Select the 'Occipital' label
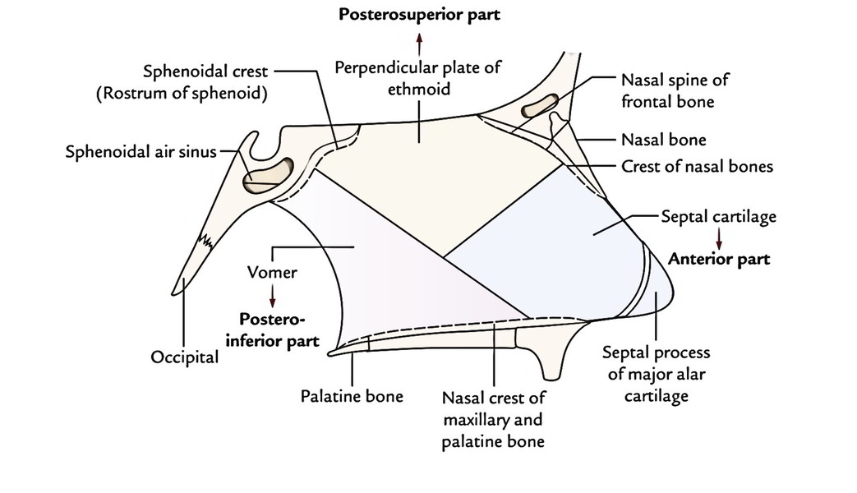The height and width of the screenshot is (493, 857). click(x=185, y=357)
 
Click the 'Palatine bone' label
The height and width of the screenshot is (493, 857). click(x=352, y=396)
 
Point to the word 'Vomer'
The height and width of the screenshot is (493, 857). click(x=271, y=270)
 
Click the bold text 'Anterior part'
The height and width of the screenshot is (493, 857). click(x=719, y=259)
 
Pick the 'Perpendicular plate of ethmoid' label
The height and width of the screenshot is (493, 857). click(x=417, y=78)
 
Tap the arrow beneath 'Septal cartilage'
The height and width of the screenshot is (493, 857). click(x=719, y=238)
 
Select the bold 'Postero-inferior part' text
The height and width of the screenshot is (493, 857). click(x=277, y=328)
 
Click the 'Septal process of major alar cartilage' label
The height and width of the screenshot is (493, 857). click(x=657, y=374)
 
